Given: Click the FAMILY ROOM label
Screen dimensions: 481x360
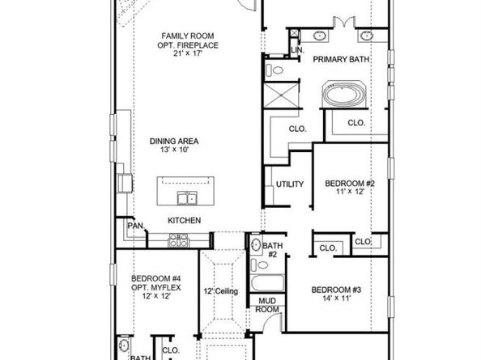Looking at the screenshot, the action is coord(188,36).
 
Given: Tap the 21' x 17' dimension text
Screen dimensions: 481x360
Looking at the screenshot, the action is coord(188,53).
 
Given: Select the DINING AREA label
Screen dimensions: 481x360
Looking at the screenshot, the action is coord(174,142).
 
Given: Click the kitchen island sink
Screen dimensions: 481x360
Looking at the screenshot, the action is coord(187,198).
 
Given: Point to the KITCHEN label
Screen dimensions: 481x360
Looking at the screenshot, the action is coord(185,220).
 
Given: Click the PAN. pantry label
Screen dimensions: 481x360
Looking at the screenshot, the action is coord(135,226).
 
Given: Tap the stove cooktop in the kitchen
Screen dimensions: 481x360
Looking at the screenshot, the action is coord(178,240).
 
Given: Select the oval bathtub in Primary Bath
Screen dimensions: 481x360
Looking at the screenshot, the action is coord(344,95).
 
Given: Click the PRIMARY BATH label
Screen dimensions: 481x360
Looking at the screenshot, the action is coord(341,59).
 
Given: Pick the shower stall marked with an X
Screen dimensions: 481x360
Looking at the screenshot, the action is coord(281,95).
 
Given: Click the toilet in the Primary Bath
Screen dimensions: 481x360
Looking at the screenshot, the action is coord(274,70).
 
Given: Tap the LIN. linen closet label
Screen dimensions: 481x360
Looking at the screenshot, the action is coord(297,50).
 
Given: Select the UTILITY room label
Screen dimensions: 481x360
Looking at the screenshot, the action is coord(290,184).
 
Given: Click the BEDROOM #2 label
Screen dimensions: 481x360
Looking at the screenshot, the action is coord(350,184).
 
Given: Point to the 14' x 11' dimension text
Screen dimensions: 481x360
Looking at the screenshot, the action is coord(337,298).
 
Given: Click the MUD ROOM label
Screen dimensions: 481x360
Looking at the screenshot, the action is coord(267,305).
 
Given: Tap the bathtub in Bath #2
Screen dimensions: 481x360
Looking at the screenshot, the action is coord(267,283).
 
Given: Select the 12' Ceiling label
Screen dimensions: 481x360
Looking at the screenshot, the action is coord(221,291).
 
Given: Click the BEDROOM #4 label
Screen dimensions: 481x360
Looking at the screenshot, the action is coord(155,279).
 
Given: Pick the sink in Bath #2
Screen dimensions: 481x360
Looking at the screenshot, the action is coord(256,245).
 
